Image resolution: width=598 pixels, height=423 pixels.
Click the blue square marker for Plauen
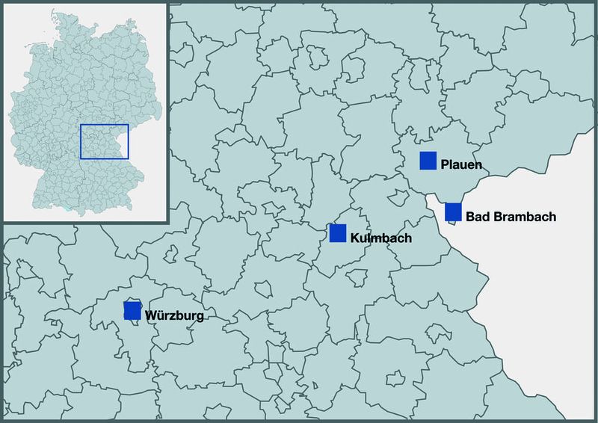[428, 161]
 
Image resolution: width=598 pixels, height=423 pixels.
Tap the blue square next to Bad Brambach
[452, 212]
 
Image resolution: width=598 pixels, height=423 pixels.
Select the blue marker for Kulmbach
[338, 234]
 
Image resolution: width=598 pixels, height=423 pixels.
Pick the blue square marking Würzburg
[132, 311]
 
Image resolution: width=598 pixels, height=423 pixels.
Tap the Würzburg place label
[175, 315]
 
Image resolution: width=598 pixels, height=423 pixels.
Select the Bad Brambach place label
[511, 217]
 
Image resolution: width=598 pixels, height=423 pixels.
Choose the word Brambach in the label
[523, 217]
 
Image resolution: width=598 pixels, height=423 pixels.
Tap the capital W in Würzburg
[152, 315]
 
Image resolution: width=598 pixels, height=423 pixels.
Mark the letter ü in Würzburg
[162, 315]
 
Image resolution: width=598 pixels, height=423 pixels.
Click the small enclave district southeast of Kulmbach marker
[357, 277]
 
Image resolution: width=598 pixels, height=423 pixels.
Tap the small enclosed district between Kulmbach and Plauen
[394, 196]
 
